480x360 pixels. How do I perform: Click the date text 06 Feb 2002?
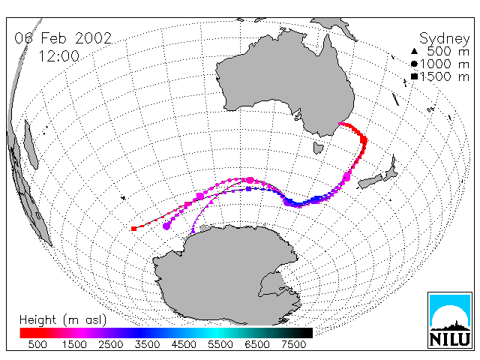(x=63, y=38)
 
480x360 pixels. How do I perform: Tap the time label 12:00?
(x=58, y=56)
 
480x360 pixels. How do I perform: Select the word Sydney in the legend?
(x=444, y=39)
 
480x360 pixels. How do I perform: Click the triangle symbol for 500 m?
(x=414, y=51)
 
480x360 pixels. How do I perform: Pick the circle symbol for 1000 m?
(x=414, y=64)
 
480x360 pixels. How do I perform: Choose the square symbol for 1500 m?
(x=414, y=76)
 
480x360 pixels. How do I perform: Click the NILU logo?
(x=450, y=320)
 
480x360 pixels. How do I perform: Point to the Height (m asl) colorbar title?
(x=63, y=320)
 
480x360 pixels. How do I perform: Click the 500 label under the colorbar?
(x=37, y=344)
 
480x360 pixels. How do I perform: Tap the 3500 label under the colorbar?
(x=147, y=344)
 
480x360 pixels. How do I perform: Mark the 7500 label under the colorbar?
(x=293, y=344)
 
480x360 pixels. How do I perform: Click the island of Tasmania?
(x=318, y=148)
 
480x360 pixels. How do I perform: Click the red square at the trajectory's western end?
(x=133, y=229)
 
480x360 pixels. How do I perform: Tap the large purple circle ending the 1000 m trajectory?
(x=166, y=226)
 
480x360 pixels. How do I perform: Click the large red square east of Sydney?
(x=364, y=140)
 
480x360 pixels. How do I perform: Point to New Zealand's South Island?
(x=370, y=181)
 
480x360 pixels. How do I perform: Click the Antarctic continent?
(x=226, y=275)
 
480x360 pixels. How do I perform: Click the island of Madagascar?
(x=31, y=144)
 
